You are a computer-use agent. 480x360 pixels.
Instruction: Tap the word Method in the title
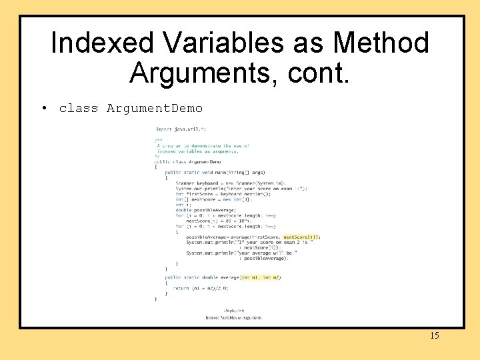(x=381, y=43)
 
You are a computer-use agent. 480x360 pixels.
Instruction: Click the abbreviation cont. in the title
(x=319, y=72)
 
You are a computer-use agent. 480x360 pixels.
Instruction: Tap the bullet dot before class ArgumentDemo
(x=43, y=108)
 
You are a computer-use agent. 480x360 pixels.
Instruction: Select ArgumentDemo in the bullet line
(x=154, y=108)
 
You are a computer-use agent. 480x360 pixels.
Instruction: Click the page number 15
(x=434, y=335)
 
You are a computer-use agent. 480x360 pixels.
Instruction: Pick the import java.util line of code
(x=181, y=129)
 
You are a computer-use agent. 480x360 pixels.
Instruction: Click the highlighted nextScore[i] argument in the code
(x=301, y=237)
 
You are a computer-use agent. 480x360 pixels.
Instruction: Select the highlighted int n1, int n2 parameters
(x=261, y=277)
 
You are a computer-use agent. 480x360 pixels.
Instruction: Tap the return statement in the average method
(x=200, y=288)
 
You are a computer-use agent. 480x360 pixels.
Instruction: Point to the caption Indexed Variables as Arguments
(x=233, y=318)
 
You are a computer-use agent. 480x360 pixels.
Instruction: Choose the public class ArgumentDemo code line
(x=187, y=161)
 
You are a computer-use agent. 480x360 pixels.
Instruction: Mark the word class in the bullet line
(x=78, y=108)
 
